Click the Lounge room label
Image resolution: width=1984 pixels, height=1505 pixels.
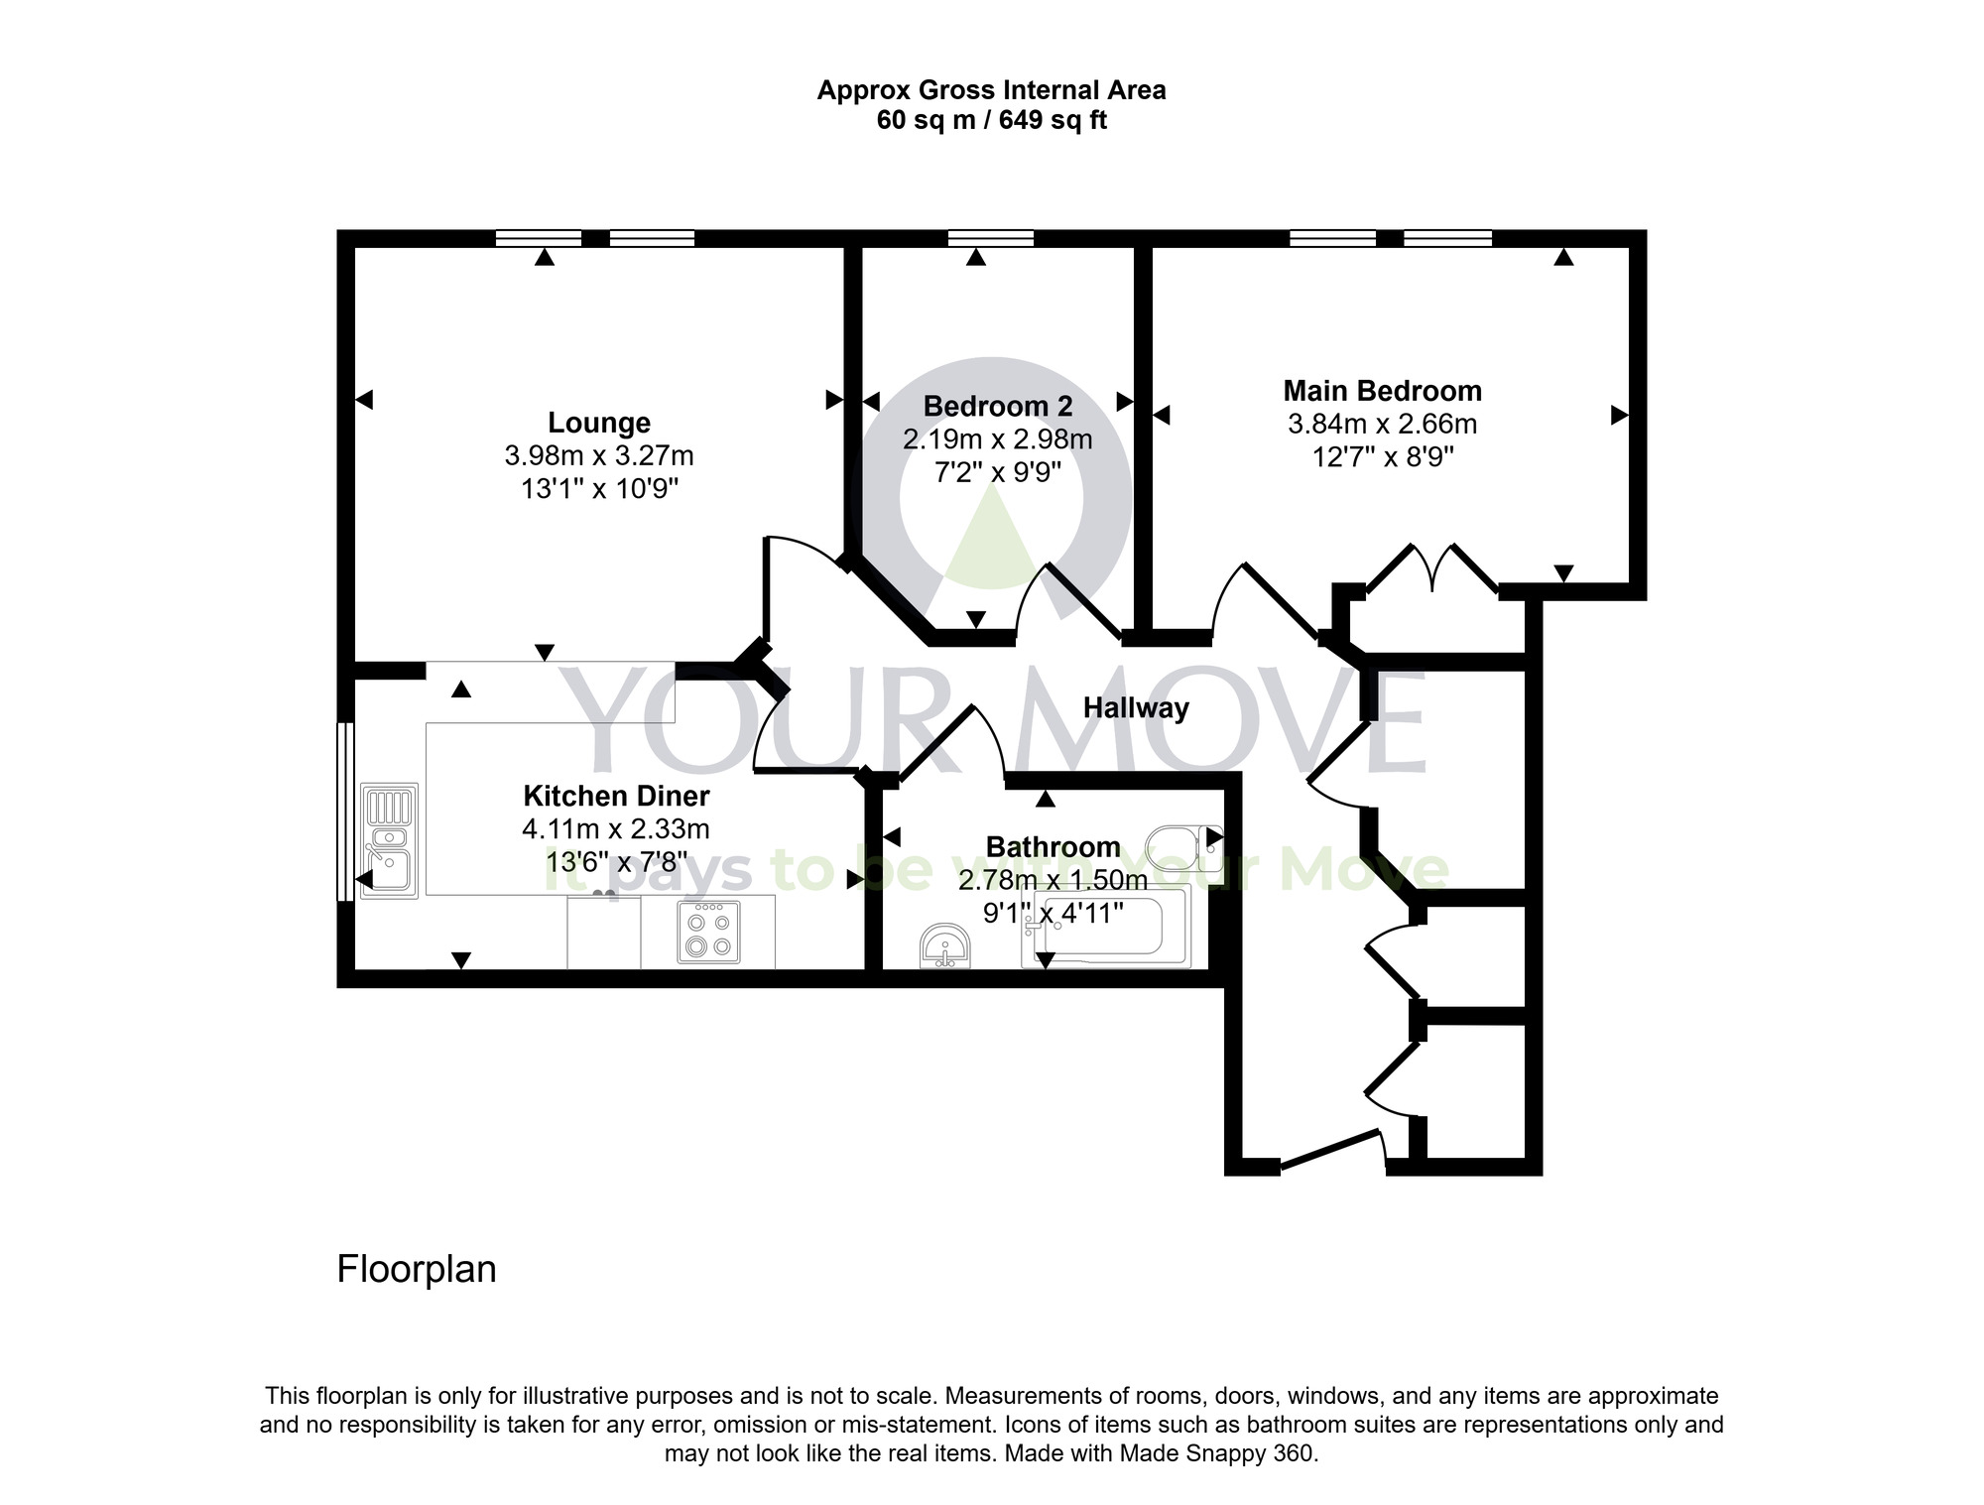pyautogui.click(x=599, y=423)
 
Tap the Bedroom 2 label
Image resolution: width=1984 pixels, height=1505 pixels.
pyautogui.click(x=997, y=407)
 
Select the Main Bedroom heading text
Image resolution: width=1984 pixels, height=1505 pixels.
pyautogui.click(x=1382, y=391)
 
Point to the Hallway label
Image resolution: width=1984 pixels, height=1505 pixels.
pyautogui.click(x=1136, y=708)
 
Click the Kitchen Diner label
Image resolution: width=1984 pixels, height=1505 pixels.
pyautogui.click(x=616, y=796)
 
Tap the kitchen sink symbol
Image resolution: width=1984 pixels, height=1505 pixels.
pyautogui.click(x=389, y=840)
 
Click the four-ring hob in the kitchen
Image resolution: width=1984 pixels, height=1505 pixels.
pyautogui.click(x=708, y=932)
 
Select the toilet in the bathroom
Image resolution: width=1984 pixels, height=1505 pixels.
pyautogui.click(x=1182, y=848)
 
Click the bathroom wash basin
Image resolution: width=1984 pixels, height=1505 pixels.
pyautogui.click(x=945, y=945)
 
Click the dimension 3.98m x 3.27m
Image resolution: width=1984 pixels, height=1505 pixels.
pyautogui.click(x=599, y=456)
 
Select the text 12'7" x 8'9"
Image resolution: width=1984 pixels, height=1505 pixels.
pyautogui.click(x=1382, y=457)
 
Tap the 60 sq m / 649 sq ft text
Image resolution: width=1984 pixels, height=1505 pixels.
pyautogui.click(x=991, y=121)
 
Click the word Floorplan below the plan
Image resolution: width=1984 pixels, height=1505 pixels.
pyautogui.click(x=417, y=1270)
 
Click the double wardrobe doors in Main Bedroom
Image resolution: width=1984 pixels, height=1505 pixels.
pyautogui.click(x=1431, y=569)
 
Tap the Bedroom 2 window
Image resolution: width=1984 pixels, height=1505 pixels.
pyautogui.click(x=990, y=238)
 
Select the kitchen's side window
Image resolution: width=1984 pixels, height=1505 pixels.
pyautogui.click(x=344, y=812)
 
